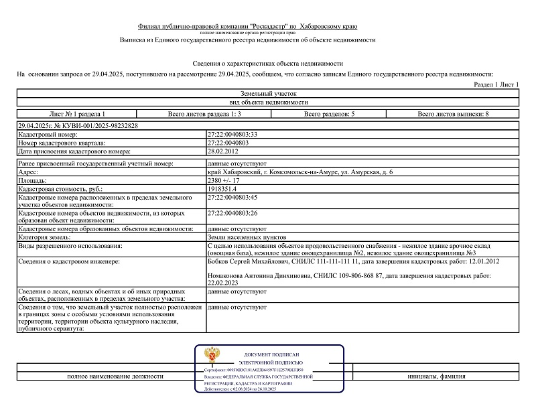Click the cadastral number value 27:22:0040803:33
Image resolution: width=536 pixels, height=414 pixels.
pyautogui.click(x=233, y=135)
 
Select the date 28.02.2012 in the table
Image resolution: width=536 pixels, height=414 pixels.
pyautogui.click(x=224, y=151)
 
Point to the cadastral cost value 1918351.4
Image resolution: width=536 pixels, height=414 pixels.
pyautogui.click(x=224, y=189)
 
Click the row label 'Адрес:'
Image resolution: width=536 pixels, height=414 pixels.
pyautogui.click(x=30, y=172)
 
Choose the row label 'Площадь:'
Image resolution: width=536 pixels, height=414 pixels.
pyautogui.click(x=33, y=180)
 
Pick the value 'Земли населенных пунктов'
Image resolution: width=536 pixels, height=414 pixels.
pyautogui.click(x=247, y=236)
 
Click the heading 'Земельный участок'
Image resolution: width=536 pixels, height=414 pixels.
pyautogui.click(x=267, y=94)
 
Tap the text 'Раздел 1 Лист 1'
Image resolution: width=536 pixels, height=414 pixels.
pyautogui.click(x=496, y=85)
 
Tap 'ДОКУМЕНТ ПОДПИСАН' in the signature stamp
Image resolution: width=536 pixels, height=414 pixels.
pyautogui.click(x=271, y=354)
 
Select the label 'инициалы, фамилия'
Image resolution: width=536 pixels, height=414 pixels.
pyautogui.click(x=436, y=376)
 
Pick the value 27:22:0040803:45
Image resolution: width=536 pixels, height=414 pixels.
pyautogui.click(x=233, y=198)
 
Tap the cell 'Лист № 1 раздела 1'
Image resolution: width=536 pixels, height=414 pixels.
pyautogui.click(x=77, y=114)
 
